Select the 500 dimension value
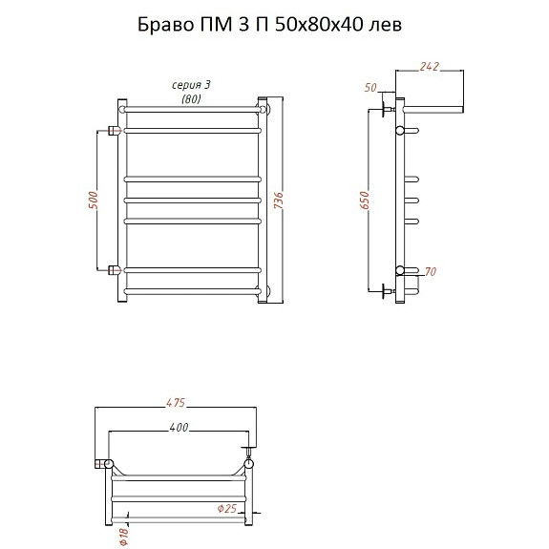(94, 201)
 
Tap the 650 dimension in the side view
(365, 201)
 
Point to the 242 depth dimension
(430, 67)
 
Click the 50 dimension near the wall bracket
(370, 87)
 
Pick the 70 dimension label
(431, 271)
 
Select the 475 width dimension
(176, 403)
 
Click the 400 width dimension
(179, 427)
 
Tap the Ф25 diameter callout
(227, 508)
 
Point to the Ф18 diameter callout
(124, 537)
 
